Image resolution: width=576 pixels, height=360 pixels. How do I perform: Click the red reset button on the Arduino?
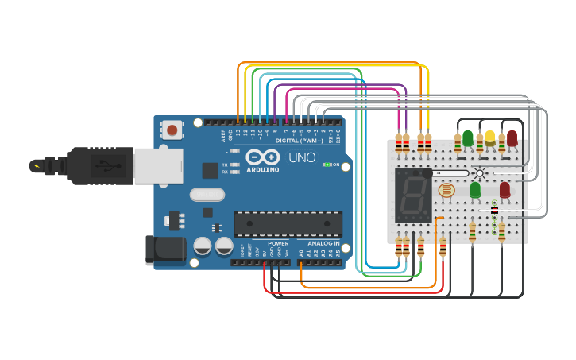[x=172, y=129]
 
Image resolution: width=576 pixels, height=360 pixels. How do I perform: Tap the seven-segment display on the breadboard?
[x=413, y=195]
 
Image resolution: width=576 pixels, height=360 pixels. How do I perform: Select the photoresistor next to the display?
[x=446, y=191]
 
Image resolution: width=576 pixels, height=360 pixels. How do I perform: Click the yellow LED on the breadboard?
[x=490, y=137]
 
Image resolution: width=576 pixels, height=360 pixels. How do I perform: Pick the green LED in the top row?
[x=468, y=137]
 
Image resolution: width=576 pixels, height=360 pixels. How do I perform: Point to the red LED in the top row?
[x=512, y=137]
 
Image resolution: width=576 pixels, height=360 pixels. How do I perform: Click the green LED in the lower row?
[x=475, y=189]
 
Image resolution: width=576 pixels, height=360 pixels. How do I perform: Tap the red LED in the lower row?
[x=504, y=189]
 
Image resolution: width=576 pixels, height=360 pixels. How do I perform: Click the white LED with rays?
[x=479, y=172]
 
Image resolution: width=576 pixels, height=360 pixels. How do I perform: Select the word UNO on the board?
[x=302, y=157]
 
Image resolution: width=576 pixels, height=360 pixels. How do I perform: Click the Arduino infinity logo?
[x=261, y=156]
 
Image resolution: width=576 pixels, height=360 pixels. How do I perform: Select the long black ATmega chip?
[x=288, y=223]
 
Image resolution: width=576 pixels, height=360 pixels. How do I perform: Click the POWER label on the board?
[x=278, y=243]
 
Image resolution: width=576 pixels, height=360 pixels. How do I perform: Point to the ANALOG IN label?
[x=323, y=243]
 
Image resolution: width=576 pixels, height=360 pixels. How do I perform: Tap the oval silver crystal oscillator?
[x=207, y=194]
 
